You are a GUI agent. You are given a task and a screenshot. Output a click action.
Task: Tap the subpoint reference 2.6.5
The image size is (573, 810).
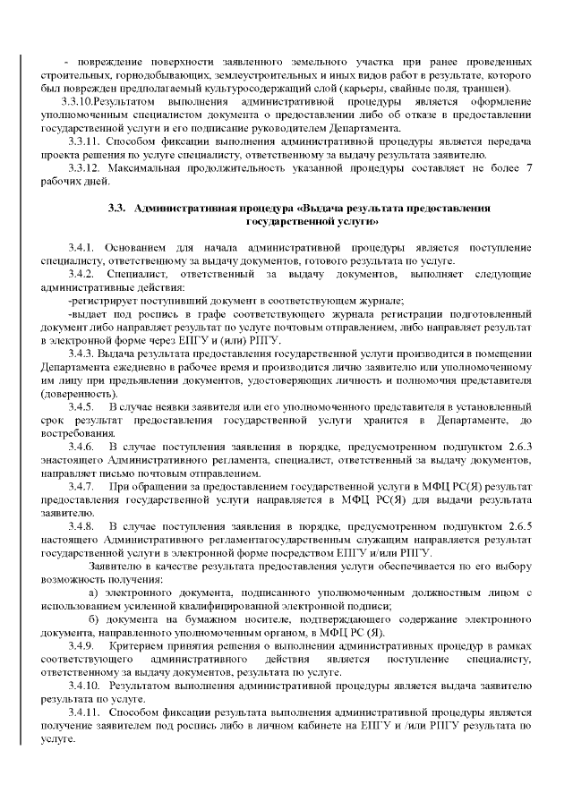coord(517,527)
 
